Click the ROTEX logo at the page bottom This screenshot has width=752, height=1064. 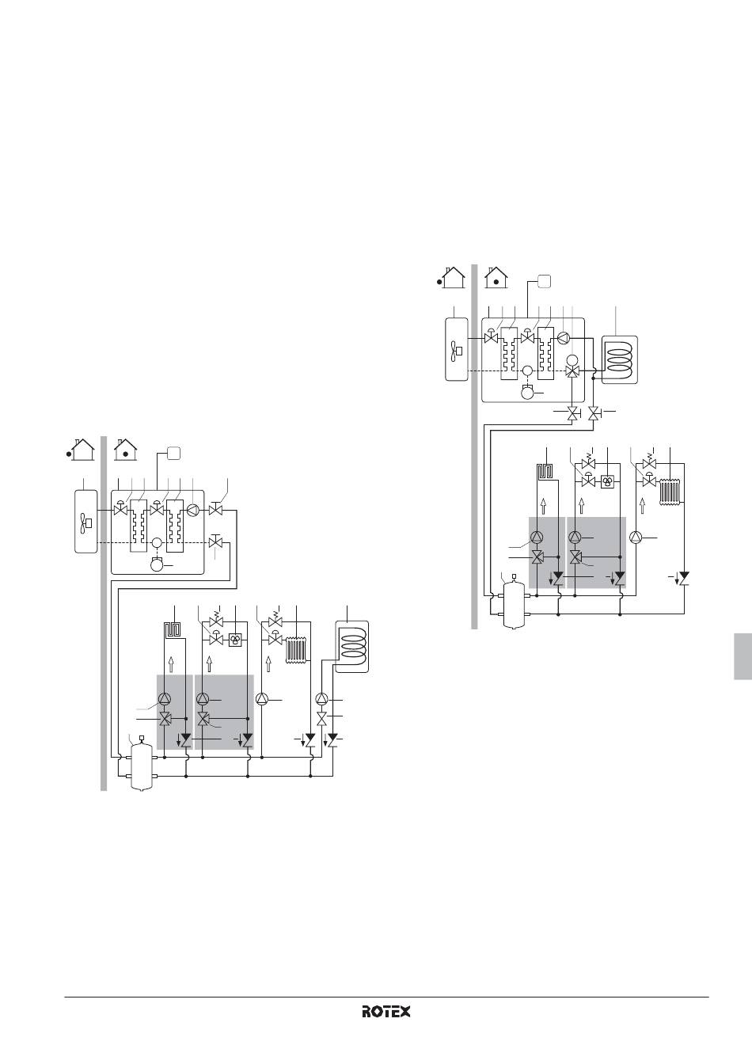coord(386,1011)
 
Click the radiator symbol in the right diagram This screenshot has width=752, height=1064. coord(670,492)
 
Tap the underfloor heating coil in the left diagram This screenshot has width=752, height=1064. coord(171,630)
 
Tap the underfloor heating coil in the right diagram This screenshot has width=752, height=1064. coord(544,472)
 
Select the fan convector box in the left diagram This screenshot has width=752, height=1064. coord(235,640)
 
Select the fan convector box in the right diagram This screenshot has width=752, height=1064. coord(608,482)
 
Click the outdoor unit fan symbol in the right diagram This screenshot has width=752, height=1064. coord(457,351)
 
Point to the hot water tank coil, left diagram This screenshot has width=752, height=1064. coord(352,645)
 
